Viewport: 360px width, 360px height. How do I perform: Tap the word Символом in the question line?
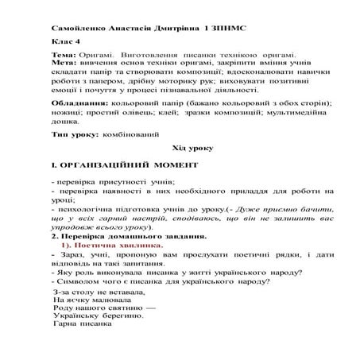coord(79,281)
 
